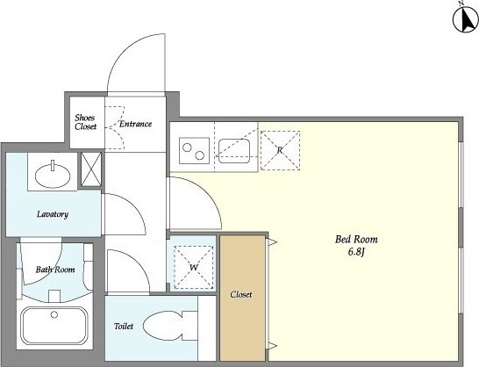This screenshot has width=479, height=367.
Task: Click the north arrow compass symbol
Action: [465, 18]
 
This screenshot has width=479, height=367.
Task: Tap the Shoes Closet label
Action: [85, 122]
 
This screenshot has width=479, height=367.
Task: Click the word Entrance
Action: [135, 124]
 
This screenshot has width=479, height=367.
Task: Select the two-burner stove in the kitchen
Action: [194, 151]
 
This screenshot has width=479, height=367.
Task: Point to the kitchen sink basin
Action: [234, 151]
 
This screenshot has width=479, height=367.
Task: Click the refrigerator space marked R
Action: [280, 150]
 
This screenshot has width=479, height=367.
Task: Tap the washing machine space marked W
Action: [194, 267]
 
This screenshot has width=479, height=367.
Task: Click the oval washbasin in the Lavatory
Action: [53, 176]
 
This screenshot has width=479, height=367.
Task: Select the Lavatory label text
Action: [53, 213]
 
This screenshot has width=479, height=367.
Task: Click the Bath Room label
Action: [55, 270]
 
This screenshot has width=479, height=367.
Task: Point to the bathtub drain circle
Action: [54, 314]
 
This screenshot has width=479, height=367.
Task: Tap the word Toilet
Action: [124, 327]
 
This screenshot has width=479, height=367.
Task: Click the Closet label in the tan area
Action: [241, 294]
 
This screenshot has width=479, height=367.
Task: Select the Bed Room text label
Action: [356, 239]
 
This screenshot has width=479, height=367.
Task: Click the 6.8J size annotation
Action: [356, 252]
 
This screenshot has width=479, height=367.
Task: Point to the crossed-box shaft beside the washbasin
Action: [91, 169]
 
